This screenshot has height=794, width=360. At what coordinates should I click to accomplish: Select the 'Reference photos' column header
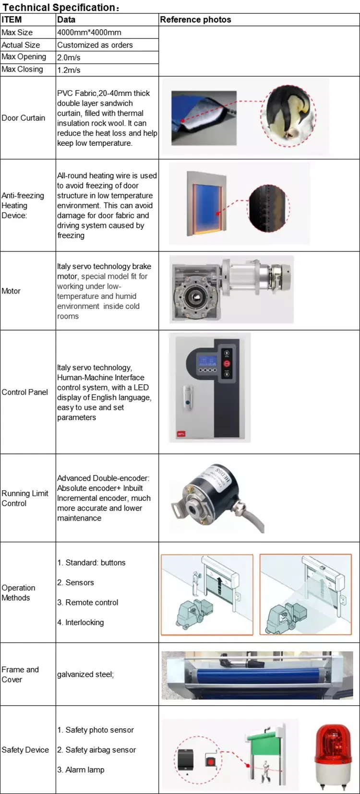pyautogui.click(x=195, y=20)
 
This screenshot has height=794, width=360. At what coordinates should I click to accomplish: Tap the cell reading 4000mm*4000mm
pyautogui.click(x=89, y=33)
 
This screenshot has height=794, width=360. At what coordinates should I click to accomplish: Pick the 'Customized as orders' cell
pyautogui.click(x=95, y=45)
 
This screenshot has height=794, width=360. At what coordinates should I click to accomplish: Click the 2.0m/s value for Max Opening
pyautogui.click(x=69, y=58)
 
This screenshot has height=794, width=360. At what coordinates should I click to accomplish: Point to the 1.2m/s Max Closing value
pyautogui.click(x=69, y=70)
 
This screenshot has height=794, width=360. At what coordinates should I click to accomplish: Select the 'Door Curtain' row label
pyautogui.click(x=23, y=118)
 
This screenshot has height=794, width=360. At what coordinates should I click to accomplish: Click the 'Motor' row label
pyautogui.click(x=11, y=291)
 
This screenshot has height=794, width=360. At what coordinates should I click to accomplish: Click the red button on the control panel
pyautogui.click(x=227, y=364)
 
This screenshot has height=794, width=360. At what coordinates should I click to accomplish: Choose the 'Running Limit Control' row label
pyautogui.click(x=25, y=498)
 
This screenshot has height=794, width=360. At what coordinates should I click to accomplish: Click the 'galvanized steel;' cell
pyautogui.click(x=85, y=675)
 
